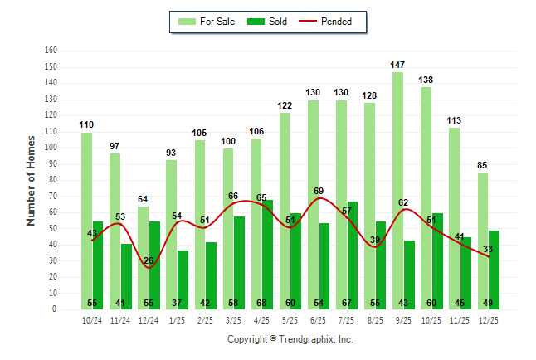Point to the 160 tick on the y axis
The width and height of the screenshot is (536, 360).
(51, 51)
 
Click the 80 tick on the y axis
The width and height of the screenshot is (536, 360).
(52, 180)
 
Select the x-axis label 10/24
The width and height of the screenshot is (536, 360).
(92, 320)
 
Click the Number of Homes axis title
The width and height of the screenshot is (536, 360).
(32, 180)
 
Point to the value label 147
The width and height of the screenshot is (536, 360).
(398, 65)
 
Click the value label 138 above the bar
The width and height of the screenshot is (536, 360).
(426, 80)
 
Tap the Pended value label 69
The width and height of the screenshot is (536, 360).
(319, 192)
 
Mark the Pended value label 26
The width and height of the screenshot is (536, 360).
(149, 261)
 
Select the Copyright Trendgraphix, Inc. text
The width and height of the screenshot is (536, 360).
(290, 339)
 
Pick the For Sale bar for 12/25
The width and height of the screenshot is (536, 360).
(483, 241)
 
